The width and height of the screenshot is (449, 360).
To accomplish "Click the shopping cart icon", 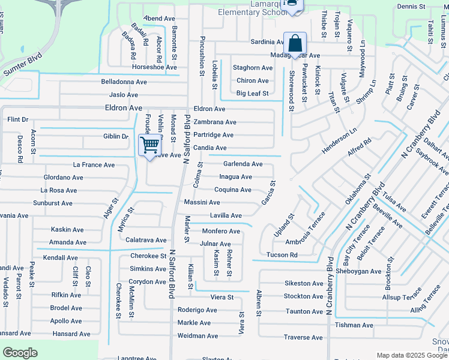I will click(x=149, y=144).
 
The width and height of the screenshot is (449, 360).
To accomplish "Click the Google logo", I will click(x=20, y=353).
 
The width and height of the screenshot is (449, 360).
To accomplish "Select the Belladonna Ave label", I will click(x=124, y=82).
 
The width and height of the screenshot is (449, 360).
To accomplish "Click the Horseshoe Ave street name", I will click(x=137, y=67).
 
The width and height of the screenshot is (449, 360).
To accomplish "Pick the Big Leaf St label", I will click(x=252, y=93).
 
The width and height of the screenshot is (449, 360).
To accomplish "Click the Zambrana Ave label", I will click(x=214, y=122).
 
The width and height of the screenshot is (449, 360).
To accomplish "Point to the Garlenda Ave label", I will click(x=243, y=164).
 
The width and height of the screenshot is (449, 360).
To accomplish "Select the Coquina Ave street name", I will click(x=233, y=190).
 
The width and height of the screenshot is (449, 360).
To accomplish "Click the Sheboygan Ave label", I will click(x=358, y=271).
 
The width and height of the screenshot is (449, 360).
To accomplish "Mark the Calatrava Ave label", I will click(x=146, y=240).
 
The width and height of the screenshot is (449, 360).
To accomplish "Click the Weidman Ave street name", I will click(x=197, y=336).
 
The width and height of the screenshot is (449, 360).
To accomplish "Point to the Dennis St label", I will click(x=411, y=7).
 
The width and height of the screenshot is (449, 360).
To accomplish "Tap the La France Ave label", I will click(x=94, y=164).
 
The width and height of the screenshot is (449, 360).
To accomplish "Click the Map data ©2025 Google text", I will click(x=411, y=355).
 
